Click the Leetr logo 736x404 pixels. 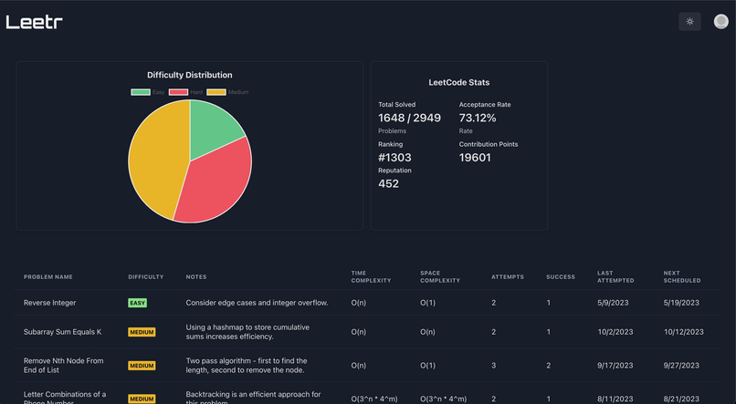tap(35, 22)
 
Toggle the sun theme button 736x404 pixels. tap(689, 22)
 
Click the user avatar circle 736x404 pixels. tap(720, 22)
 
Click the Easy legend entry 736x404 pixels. tap(149, 92)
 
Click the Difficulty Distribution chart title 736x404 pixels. tap(189, 75)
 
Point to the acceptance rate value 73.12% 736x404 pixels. tap(478, 118)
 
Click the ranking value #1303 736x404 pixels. tap(394, 157)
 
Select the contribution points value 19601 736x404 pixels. tap(475, 157)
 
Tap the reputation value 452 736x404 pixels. tap(388, 183)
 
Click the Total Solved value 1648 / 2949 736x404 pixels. tap(409, 118)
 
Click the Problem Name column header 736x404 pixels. tap(48, 276)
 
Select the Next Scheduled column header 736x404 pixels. tap(680, 276)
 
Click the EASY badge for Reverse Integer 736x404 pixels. tap(137, 303)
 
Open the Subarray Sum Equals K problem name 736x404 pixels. tap(62, 332)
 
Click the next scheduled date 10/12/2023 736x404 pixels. tap(683, 332)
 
